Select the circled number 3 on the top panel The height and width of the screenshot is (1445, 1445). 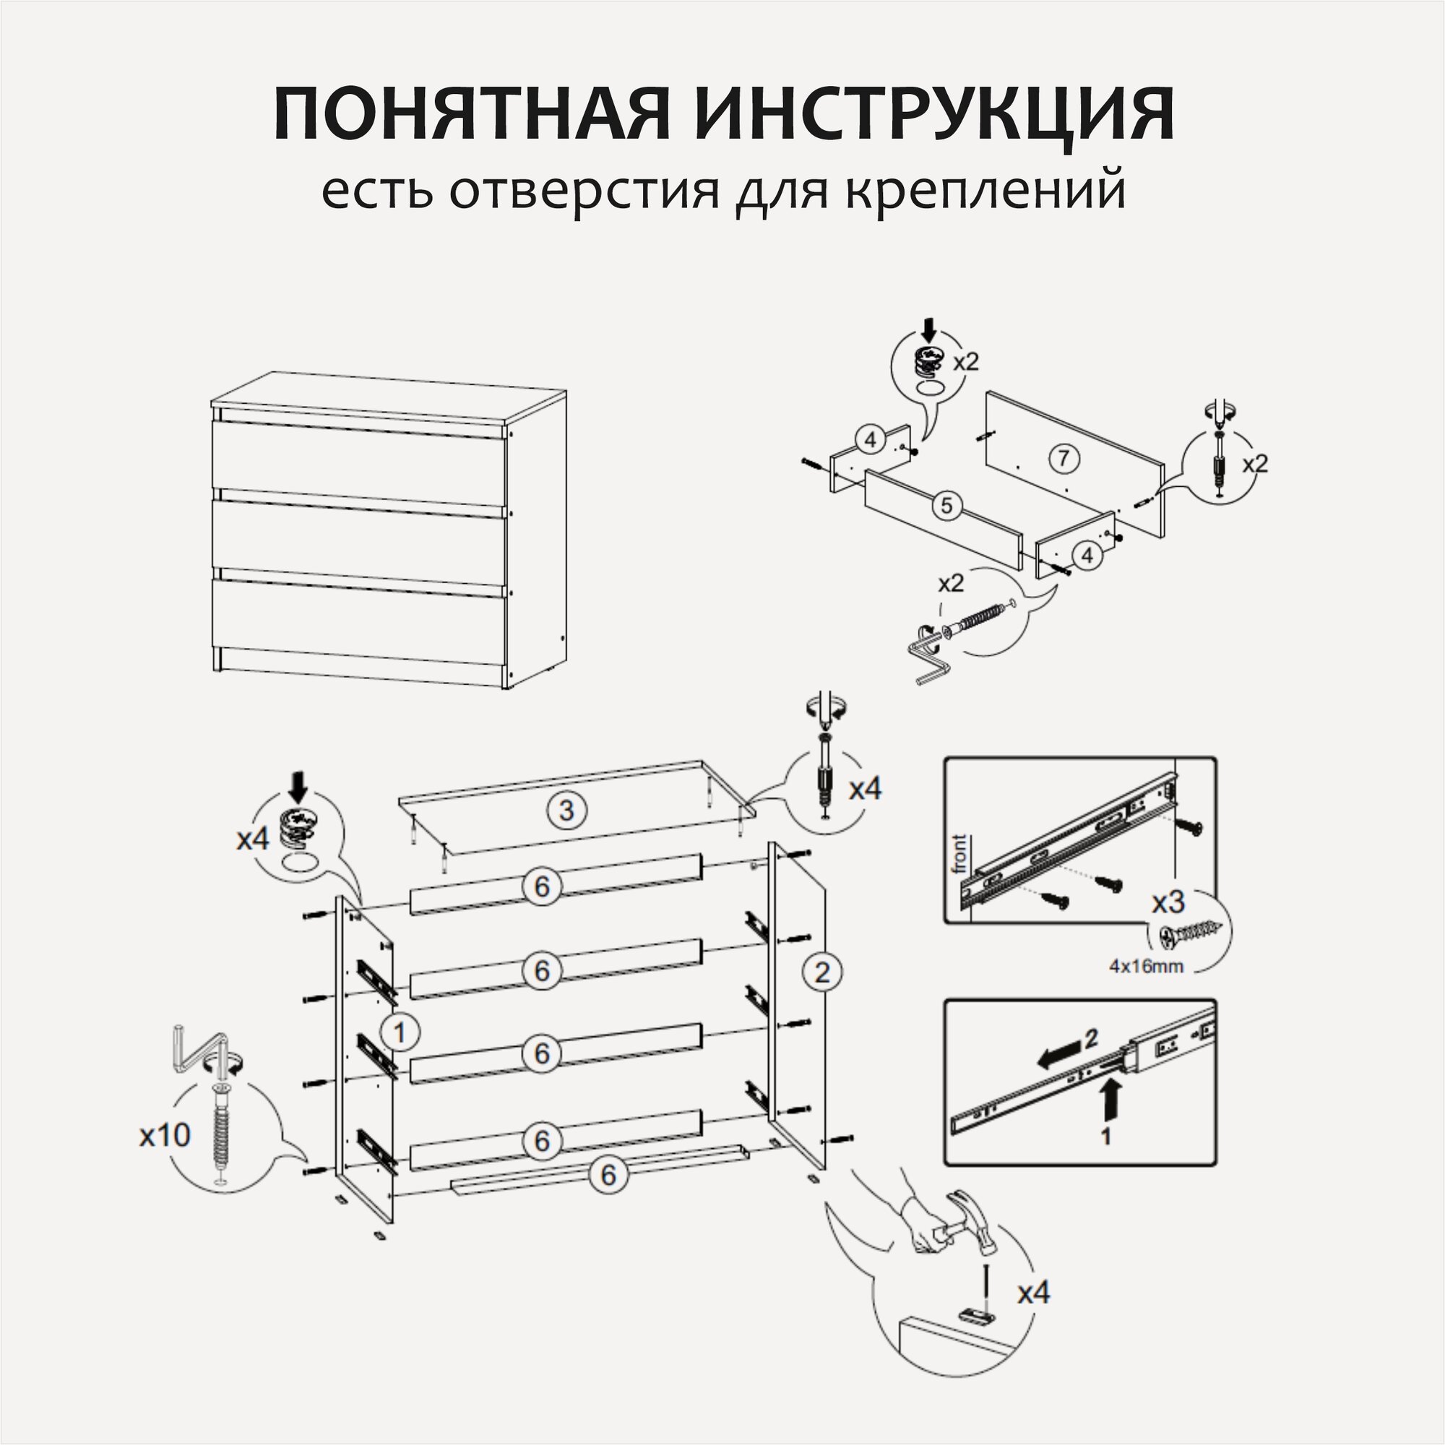point(566,810)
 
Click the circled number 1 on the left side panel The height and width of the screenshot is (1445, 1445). point(400,1033)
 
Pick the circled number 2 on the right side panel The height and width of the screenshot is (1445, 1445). point(822,972)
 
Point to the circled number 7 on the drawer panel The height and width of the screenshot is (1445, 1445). point(1064,458)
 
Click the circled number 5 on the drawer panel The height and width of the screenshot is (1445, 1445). point(947,506)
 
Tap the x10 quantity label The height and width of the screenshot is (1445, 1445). point(165,1135)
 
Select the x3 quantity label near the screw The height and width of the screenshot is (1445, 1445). point(1168,902)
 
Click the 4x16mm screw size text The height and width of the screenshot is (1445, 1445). point(1147,966)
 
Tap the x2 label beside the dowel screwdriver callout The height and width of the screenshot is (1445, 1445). point(1256,465)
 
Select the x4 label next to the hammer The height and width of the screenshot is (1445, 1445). point(1034,1293)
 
